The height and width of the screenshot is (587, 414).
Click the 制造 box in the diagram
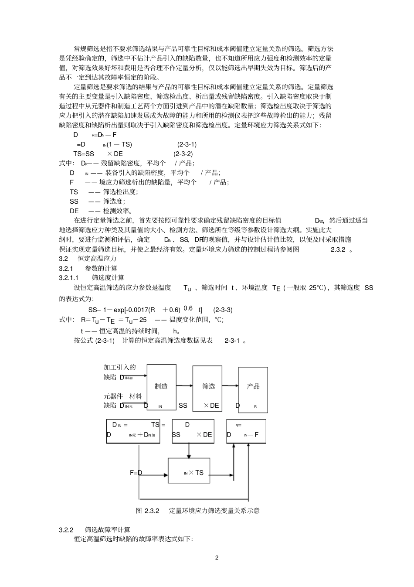click(161, 386)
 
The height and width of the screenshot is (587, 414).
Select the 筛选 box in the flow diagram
click(208, 386)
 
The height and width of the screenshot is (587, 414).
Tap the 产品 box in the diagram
click(253, 386)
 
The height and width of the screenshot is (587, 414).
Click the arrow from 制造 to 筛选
click(185, 385)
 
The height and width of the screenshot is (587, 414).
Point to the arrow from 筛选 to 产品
click(231, 386)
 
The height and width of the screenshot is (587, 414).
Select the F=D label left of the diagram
click(136, 473)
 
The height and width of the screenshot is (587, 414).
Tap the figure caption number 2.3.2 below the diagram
click(153, 511)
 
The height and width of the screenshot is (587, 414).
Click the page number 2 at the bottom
click(216, 558)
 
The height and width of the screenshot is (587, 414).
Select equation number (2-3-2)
click(183, 154)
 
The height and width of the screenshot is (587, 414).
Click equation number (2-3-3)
click(223, 310)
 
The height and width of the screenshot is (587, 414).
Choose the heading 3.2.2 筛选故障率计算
click(95, 530)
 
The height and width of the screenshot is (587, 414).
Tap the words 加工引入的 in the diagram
click(119, 368)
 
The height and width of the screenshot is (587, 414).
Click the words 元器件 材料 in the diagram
click(123, 396)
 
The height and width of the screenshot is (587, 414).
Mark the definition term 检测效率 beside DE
click(117, 211)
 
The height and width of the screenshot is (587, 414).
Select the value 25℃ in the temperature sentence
click(317, 288)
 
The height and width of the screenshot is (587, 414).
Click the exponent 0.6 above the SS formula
click(188, 308)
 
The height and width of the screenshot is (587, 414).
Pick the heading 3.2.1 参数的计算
click(88, 268)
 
